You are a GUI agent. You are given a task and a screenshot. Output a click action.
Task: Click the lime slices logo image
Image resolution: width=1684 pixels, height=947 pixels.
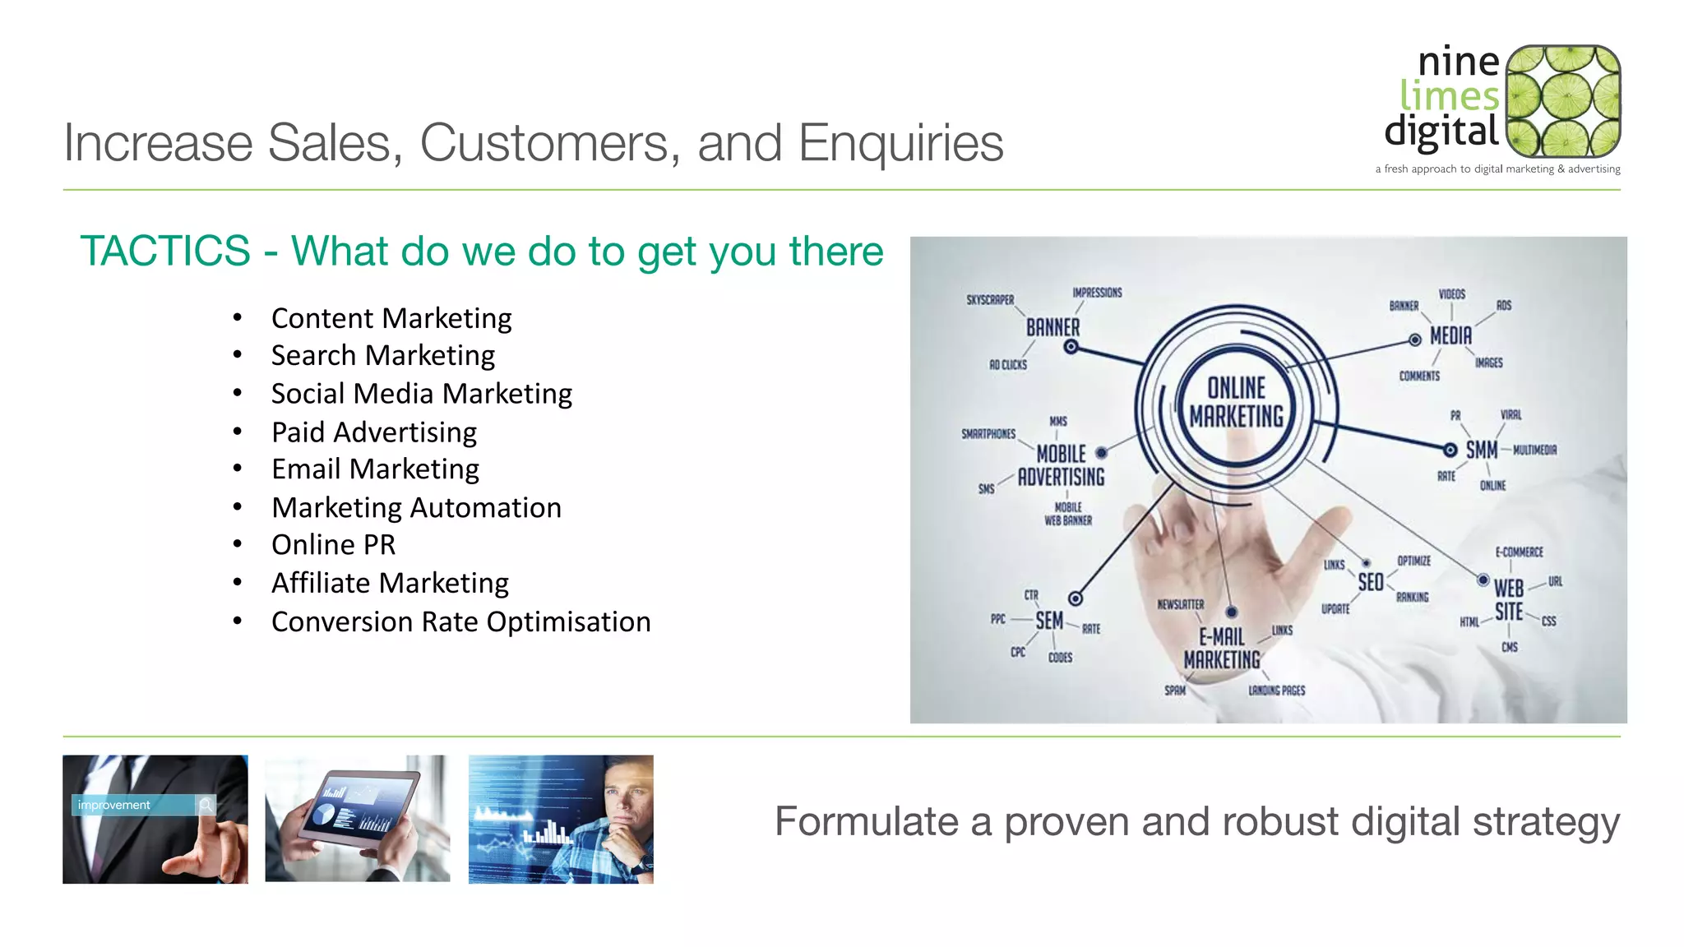click(x=1562, y=101)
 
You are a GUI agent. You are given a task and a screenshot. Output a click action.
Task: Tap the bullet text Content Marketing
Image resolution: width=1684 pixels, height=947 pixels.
click(x=391, y=318)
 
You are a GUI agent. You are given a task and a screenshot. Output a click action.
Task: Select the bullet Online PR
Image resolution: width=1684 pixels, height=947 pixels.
click(x=333, y=545)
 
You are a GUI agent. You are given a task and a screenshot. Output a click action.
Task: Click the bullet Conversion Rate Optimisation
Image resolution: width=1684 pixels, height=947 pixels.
click(x=460, y=621)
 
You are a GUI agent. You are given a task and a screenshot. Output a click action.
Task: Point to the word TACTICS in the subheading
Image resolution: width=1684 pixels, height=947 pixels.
click(x=165, y=251)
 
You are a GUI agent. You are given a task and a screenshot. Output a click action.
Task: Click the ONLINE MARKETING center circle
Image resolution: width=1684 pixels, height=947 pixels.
click(x=1236, y=403)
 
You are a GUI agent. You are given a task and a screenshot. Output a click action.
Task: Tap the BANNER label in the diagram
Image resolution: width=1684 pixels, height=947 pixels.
click(x=1052, y=327)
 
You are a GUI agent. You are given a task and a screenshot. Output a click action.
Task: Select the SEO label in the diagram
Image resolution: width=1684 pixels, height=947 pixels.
click(x=1370, y=583)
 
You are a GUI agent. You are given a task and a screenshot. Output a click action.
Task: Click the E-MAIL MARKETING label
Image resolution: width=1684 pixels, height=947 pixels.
click(x=1222, y=649)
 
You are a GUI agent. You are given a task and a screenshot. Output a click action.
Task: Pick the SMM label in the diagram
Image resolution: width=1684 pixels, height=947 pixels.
click(x=1481, y=450)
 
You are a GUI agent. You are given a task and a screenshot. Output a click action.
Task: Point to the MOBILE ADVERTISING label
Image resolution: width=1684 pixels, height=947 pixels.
click(x=1061, y=465)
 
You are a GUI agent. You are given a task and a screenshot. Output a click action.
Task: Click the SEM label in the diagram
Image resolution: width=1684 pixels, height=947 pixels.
click(x=1049, y=621)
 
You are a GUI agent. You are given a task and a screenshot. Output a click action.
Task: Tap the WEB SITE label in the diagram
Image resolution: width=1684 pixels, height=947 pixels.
click(x=1509, y=600)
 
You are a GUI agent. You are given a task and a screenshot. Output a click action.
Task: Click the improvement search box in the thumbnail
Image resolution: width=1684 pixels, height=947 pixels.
click(x=136, y=805)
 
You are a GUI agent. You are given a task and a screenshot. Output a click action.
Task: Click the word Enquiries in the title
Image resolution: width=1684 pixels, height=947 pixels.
click(x=900, y=143)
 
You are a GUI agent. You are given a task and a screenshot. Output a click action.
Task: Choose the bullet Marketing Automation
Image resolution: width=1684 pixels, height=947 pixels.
click(x=416, y=508)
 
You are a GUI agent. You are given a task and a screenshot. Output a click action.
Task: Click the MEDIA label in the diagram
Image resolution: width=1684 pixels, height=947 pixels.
click(x=1450, y=336)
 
